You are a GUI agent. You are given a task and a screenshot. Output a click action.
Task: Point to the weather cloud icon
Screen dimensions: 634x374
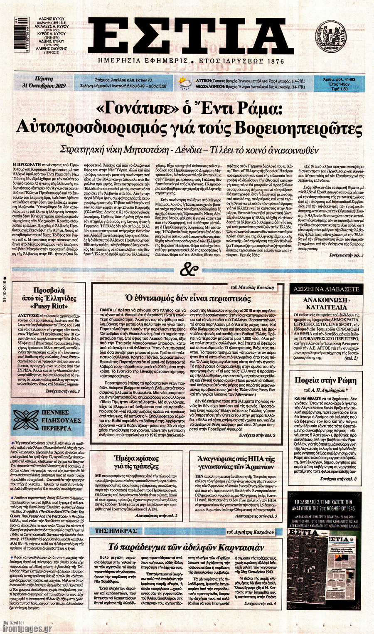point(185,84)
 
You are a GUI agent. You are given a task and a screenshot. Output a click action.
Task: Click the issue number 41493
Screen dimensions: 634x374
point(347,78)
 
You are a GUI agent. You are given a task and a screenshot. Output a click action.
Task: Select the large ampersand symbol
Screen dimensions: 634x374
point(188,271)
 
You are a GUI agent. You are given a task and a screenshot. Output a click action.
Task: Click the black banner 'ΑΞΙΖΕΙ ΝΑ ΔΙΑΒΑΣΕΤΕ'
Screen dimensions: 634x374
point(326,288)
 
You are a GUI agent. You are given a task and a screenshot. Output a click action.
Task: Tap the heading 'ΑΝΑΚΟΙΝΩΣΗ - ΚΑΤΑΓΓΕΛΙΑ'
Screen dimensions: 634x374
point(326,303)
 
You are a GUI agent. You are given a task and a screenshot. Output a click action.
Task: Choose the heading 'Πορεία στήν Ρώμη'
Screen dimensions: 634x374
point(325,380)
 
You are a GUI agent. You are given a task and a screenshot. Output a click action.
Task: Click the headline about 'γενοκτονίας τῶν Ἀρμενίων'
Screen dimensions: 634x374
point(236,463)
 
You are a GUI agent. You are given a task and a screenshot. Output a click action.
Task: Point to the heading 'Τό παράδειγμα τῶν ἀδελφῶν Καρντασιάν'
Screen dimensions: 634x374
point(186,547)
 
